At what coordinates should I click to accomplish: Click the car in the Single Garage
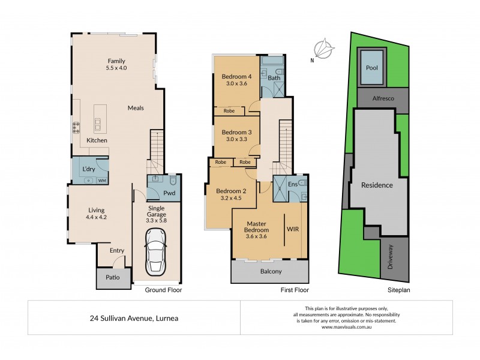click(155, 255)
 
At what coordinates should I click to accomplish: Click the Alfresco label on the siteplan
click(383, 98)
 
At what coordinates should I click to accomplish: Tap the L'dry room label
click(89, 169)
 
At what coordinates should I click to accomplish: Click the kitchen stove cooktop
click(77, 127)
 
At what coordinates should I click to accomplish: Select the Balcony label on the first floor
click(271, 271)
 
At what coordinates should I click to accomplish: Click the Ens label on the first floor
click(292, 184)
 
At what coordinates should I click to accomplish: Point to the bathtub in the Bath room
click(274, 62)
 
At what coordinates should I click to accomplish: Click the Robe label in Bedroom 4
click(229, 110)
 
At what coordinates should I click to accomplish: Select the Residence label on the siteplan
click(376, 185)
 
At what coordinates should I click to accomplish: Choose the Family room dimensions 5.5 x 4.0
click(117, 69)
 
